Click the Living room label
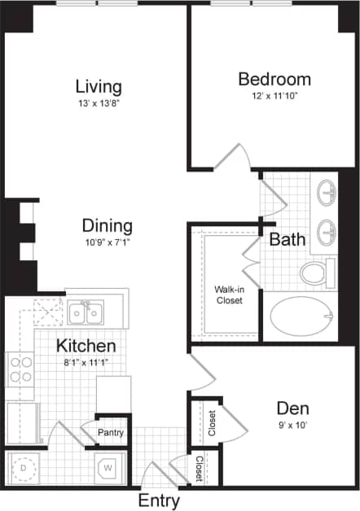coord(99,86)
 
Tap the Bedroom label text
coord(274,79)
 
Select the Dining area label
coord(107,225)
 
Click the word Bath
coord(288,239)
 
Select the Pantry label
coord(110,433)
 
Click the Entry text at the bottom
coord(159,500)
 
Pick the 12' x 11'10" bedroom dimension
coord(274,97)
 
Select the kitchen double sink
coord(85,311)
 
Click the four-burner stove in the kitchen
coord(20,370)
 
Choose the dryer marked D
coord(23,468)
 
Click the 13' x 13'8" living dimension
coord(99,103)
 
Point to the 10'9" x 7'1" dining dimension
coord(107,242)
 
